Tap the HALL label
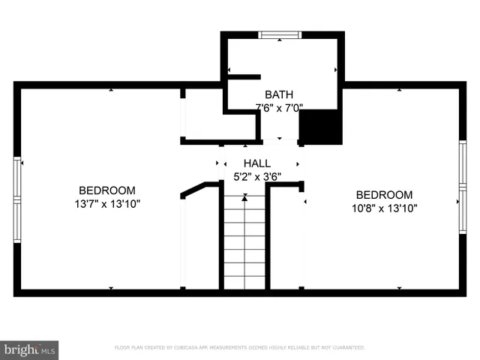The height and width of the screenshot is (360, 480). [x=257, y=163]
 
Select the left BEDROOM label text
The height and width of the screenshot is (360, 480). [x=107, y=190]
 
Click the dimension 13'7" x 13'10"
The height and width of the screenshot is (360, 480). [x=107, y=203]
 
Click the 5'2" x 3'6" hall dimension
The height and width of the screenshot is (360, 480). [x=257, y=176]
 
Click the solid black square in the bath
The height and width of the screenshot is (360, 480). [x=321, y=126]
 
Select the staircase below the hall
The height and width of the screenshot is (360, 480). [x=244, y=244]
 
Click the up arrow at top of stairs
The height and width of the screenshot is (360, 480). [x=244, y=197]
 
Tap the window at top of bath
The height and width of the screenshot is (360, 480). [x=280, y=34]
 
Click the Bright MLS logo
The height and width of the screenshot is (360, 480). [x=30, y=348]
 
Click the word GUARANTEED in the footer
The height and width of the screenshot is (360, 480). [x=349, y=348]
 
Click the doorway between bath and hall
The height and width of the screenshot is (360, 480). [x=280, y=140]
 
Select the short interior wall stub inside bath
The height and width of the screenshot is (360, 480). [x=243, y=76]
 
